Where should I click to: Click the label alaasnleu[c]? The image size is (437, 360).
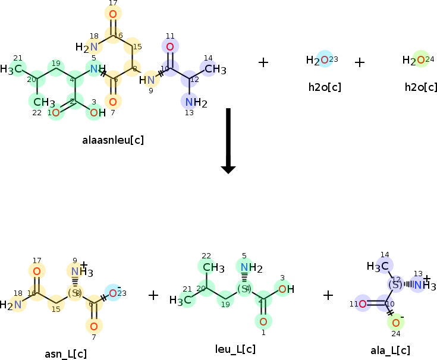pos(113,141)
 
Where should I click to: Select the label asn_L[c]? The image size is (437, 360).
pos(65,354)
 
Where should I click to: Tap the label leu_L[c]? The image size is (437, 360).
pos(235,349)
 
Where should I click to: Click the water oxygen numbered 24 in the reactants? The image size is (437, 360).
pos(420,59)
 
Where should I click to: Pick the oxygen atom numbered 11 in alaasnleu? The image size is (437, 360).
pos(170,46)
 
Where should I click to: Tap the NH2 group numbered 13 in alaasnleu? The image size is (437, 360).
pos(194,103)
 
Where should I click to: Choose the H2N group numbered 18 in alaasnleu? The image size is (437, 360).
pos(87,47)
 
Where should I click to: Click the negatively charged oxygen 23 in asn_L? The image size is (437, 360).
pos(112,293)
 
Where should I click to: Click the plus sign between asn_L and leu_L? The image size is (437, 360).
pos(153,295)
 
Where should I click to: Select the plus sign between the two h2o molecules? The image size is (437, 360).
pos(360,62)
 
